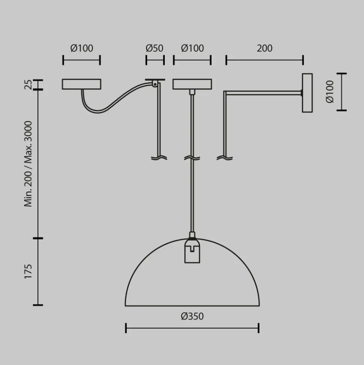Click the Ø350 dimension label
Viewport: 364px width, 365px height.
click(192, 316)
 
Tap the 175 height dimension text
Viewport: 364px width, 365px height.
click(28, 271)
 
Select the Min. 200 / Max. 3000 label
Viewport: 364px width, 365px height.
click(28, 164)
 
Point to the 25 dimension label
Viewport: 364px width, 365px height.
click(28, 85)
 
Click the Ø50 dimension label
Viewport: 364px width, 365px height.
click(154, 48)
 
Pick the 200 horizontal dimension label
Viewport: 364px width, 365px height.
click(265, 48)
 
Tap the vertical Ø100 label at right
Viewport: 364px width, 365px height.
click(330, 92)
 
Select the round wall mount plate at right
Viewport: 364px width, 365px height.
click(307, 93)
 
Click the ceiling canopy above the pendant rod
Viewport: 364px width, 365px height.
click(192, 84)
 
